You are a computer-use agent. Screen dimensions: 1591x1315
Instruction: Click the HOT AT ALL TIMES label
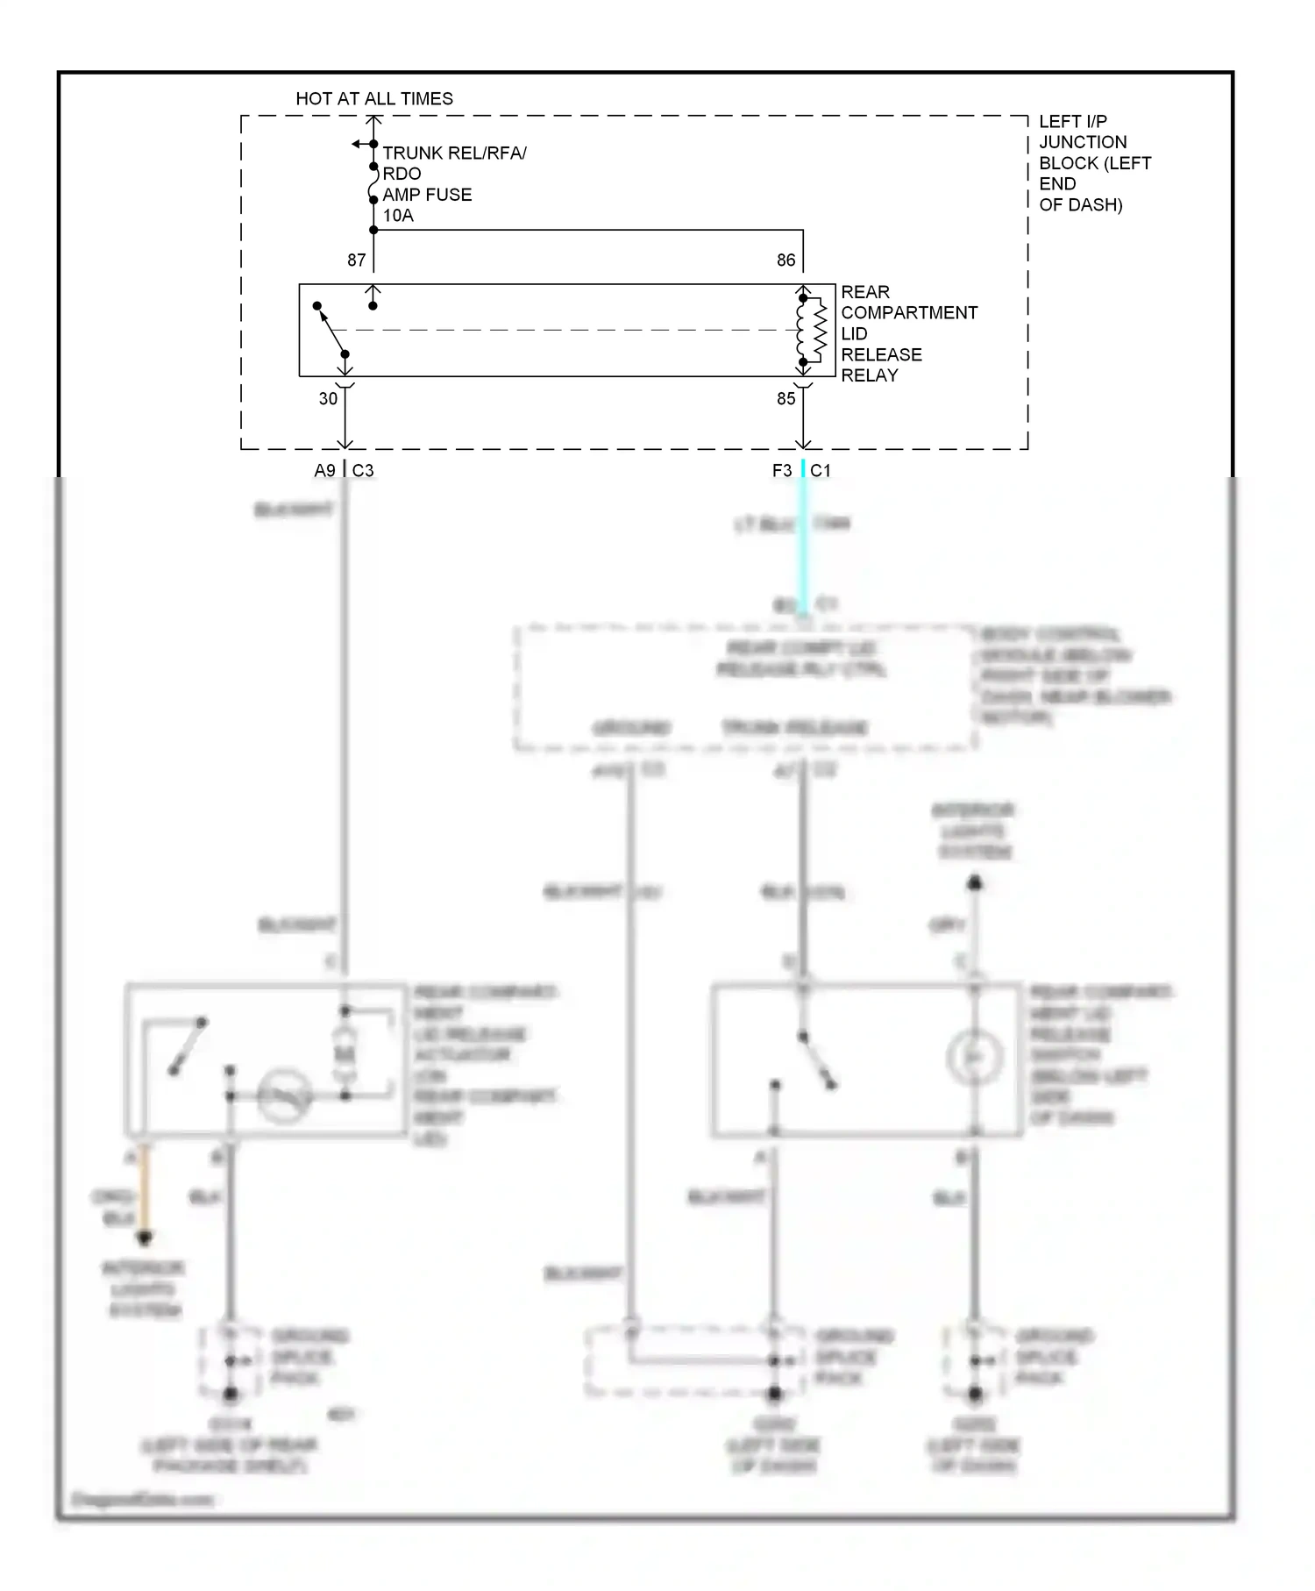pos(374,98)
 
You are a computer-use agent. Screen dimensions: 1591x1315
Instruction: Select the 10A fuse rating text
pos(398,216)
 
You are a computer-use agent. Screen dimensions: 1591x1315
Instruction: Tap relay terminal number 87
pos(356,260)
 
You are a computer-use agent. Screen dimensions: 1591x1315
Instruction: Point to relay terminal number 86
pos(785,260)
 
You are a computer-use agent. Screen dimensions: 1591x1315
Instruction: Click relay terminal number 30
pos(328,399)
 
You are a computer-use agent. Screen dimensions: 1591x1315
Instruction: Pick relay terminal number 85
pos(785,399)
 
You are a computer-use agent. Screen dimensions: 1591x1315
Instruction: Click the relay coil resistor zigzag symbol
pos(820,330)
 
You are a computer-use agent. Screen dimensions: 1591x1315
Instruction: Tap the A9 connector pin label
pos(324,471)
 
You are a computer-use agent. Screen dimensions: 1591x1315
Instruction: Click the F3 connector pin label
pos(781,471)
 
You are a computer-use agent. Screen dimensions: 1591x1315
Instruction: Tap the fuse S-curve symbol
pos(374,183)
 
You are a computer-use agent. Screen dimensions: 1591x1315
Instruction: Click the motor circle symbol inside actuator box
pos(285,1095)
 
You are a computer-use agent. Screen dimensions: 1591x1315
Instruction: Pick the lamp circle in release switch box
pos(974,1057)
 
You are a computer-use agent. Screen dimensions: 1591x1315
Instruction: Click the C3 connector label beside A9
pos(363,471)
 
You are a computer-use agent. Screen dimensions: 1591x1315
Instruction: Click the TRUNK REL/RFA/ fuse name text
pos(454,153)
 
